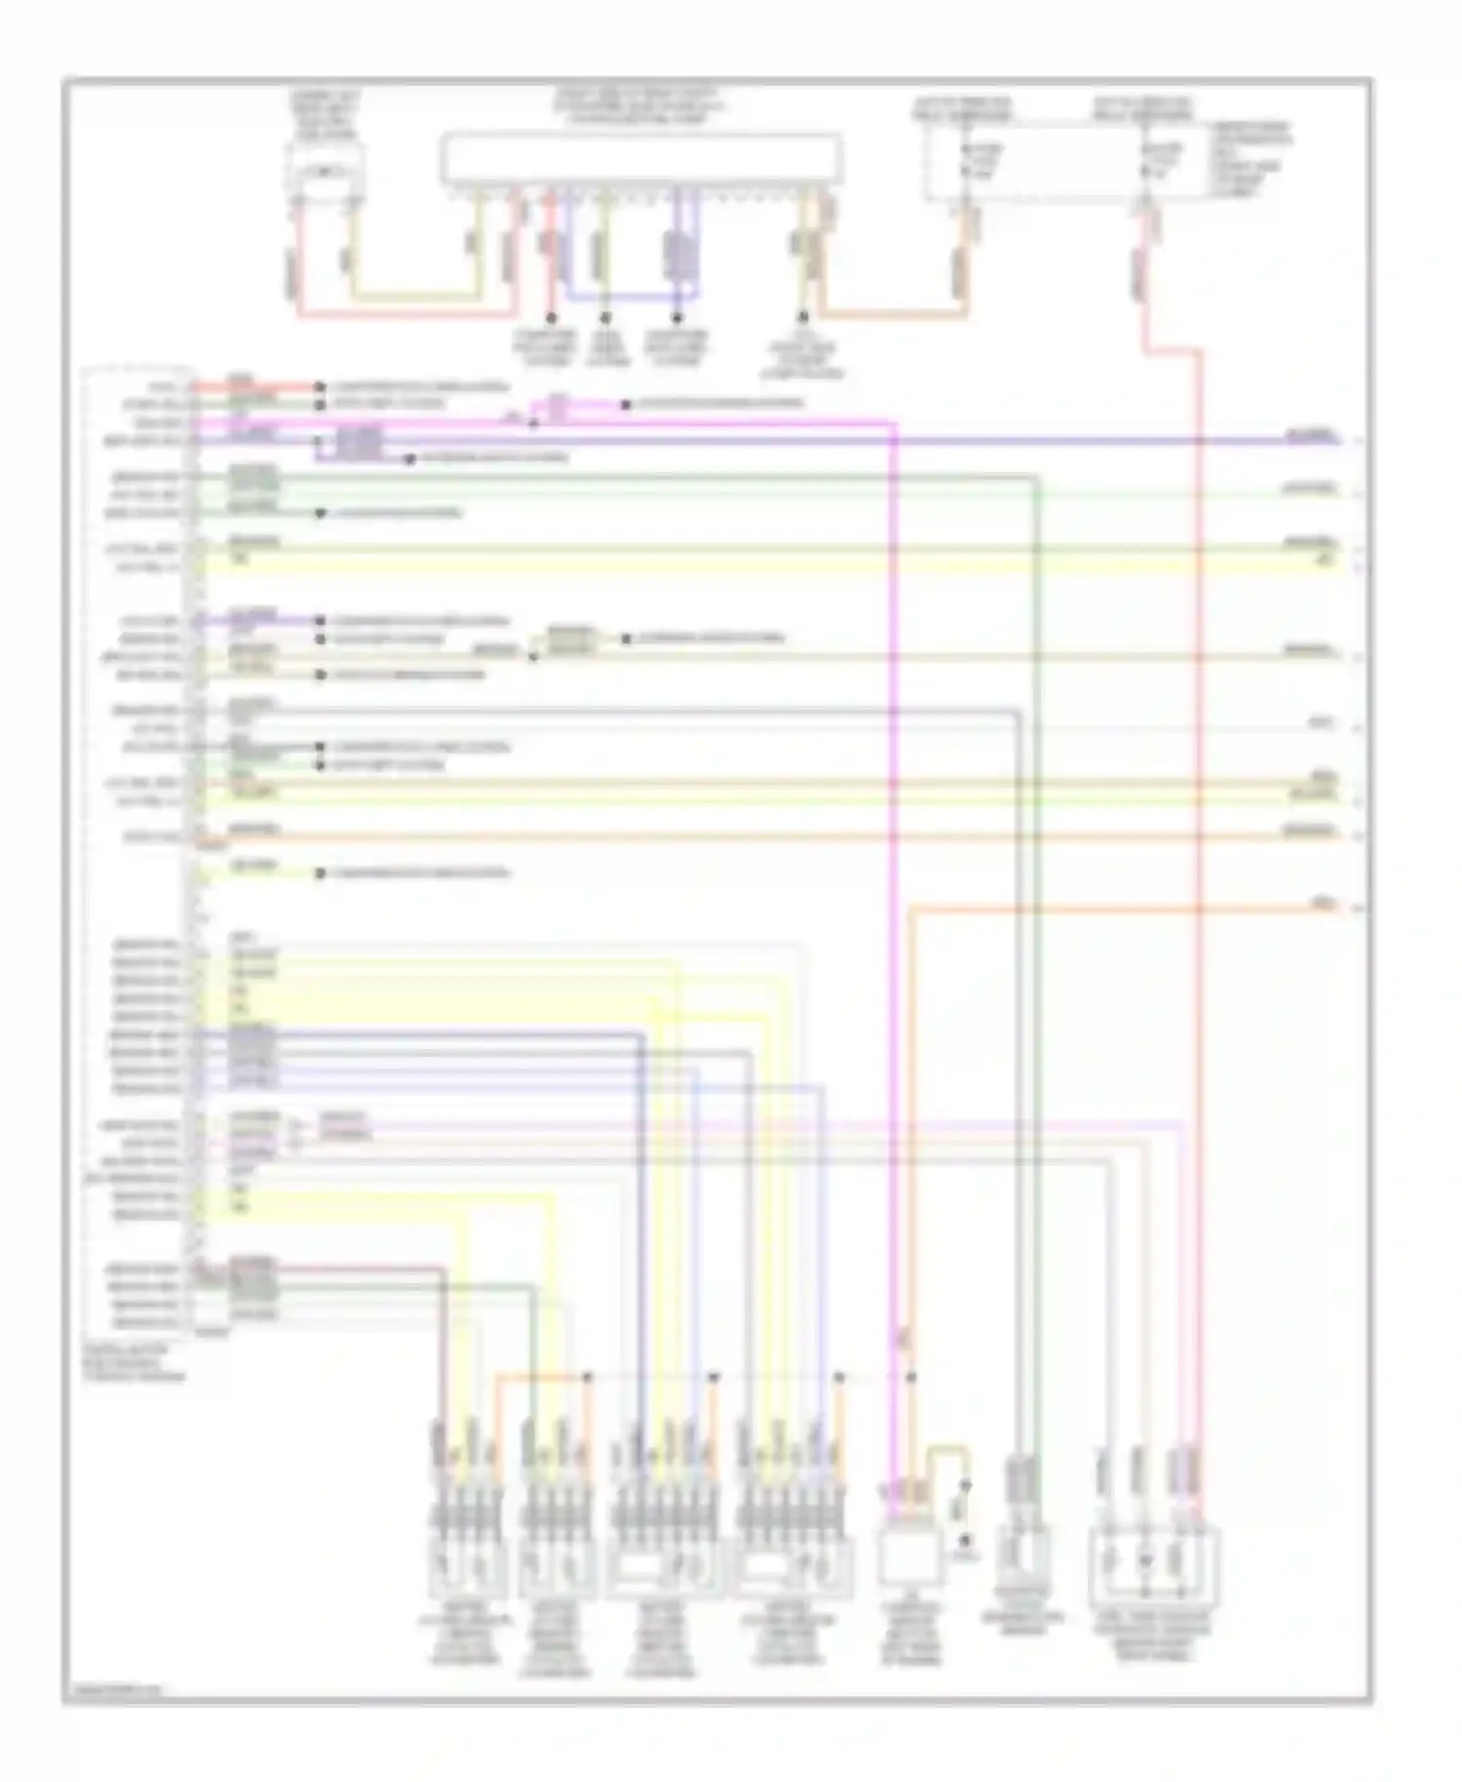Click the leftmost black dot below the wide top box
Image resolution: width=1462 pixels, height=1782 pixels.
[551, 318]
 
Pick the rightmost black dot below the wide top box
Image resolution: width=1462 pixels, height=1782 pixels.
[803, 318]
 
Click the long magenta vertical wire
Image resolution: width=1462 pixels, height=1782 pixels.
[892, 877]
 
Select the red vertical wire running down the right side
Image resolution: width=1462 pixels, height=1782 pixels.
[1199, 877]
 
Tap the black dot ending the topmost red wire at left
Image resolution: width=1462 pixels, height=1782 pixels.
[319, 386]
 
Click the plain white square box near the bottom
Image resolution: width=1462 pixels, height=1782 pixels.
[909, 1556]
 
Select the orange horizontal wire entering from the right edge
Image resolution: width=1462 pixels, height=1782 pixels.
[1121, 910]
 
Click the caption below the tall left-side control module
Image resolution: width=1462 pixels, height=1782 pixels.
[135, 1364]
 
